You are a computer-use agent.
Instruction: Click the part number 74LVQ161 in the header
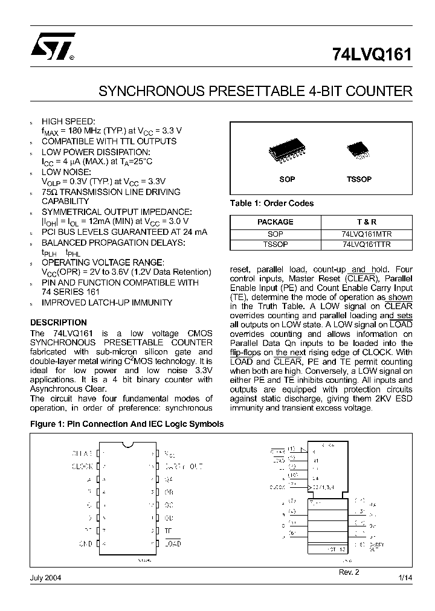point(372,56)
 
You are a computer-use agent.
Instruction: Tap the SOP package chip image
point(287,153)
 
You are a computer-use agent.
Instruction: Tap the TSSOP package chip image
point(359,152)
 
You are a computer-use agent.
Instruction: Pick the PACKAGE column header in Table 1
point(275,222)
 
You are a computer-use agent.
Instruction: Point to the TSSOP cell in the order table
point(275,245)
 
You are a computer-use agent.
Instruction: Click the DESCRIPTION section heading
point(59,322)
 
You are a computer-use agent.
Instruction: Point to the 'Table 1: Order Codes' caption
point(272,203)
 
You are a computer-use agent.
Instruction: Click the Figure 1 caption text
point(127,424)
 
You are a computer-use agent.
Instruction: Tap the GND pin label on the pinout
point(85,543)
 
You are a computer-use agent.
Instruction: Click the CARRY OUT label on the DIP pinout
point(184,466)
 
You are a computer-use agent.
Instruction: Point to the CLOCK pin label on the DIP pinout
point(82,466)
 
